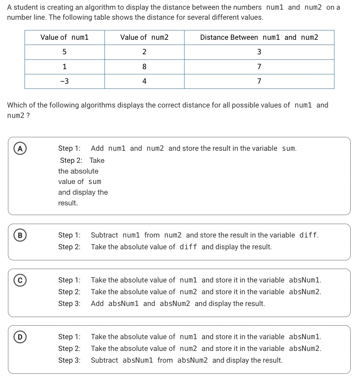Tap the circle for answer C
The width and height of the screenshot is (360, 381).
pos(20,280)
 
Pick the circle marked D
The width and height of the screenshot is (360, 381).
pos(20,337)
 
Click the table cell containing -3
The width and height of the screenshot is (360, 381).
pos(64,81)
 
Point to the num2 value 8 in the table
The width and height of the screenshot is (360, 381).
pos(144,67)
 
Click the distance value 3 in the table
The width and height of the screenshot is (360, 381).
pos(259,52)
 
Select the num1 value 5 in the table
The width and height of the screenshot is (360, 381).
pos(64,52)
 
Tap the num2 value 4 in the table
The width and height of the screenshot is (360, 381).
pos(144,81)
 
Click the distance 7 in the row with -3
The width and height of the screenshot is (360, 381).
pos(259,81)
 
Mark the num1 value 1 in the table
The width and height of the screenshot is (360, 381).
pos(64,67)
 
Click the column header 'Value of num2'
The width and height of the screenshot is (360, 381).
pos(144,37)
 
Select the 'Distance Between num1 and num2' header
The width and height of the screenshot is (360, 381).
pos(259,37)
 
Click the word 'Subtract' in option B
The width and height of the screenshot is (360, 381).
pos(104,235)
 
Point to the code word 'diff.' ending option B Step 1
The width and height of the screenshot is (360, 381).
pos(309,235)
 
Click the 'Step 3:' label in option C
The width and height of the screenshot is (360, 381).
pos(69,304)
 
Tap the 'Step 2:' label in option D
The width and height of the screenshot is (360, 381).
pos(69,349)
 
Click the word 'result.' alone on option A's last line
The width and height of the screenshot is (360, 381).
pos(68,203)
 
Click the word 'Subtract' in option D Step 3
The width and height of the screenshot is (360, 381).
pos(104,360)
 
